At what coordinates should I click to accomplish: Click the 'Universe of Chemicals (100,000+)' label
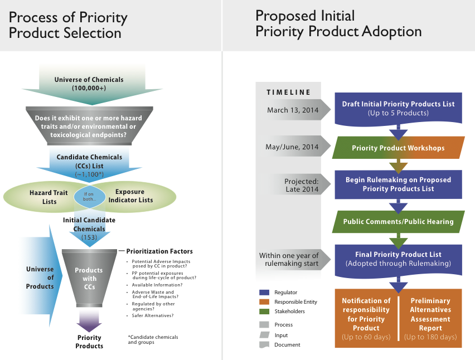89,84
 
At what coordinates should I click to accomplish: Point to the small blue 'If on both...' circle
90,197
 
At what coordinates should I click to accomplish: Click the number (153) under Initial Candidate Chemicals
89,237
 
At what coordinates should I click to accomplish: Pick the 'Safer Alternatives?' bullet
153,316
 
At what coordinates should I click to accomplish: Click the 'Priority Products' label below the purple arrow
89,342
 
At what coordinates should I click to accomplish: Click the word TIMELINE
288,93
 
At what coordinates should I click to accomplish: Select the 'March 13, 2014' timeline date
293,110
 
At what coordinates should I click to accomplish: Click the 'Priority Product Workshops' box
398,148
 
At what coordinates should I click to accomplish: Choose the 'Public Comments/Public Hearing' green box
398,221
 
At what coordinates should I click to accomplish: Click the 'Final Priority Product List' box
398,259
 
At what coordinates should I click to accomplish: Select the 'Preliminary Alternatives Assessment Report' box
430,319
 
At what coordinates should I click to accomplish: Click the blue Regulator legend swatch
264,292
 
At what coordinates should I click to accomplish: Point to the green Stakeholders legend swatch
264,312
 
